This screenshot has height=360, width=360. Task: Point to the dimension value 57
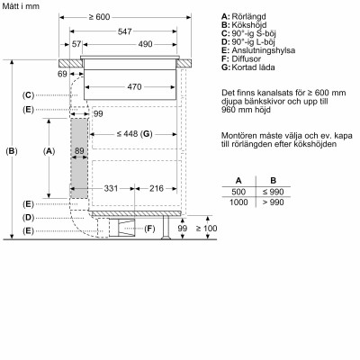77,44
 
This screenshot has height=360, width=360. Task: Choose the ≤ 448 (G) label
136,134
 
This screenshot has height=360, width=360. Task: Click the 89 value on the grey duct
78,150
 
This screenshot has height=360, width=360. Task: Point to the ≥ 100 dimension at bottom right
208,229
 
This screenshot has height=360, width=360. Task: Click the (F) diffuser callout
150,230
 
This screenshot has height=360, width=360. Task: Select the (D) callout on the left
29,218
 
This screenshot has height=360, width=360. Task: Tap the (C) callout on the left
29,95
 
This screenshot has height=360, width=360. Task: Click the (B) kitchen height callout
12,151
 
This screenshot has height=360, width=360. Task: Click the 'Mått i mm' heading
21,7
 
